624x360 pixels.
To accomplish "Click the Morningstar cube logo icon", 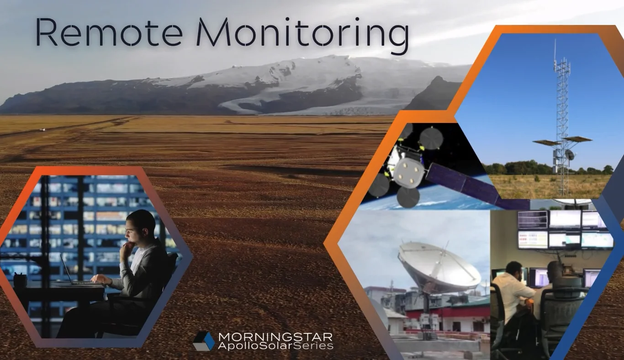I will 203,341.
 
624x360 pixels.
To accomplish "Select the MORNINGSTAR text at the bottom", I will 275,337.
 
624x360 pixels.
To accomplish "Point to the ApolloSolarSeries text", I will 275,346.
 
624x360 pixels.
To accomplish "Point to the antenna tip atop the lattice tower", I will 555,43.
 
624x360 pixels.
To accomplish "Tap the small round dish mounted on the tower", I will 570,155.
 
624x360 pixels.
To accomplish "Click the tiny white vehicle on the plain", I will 43,129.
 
